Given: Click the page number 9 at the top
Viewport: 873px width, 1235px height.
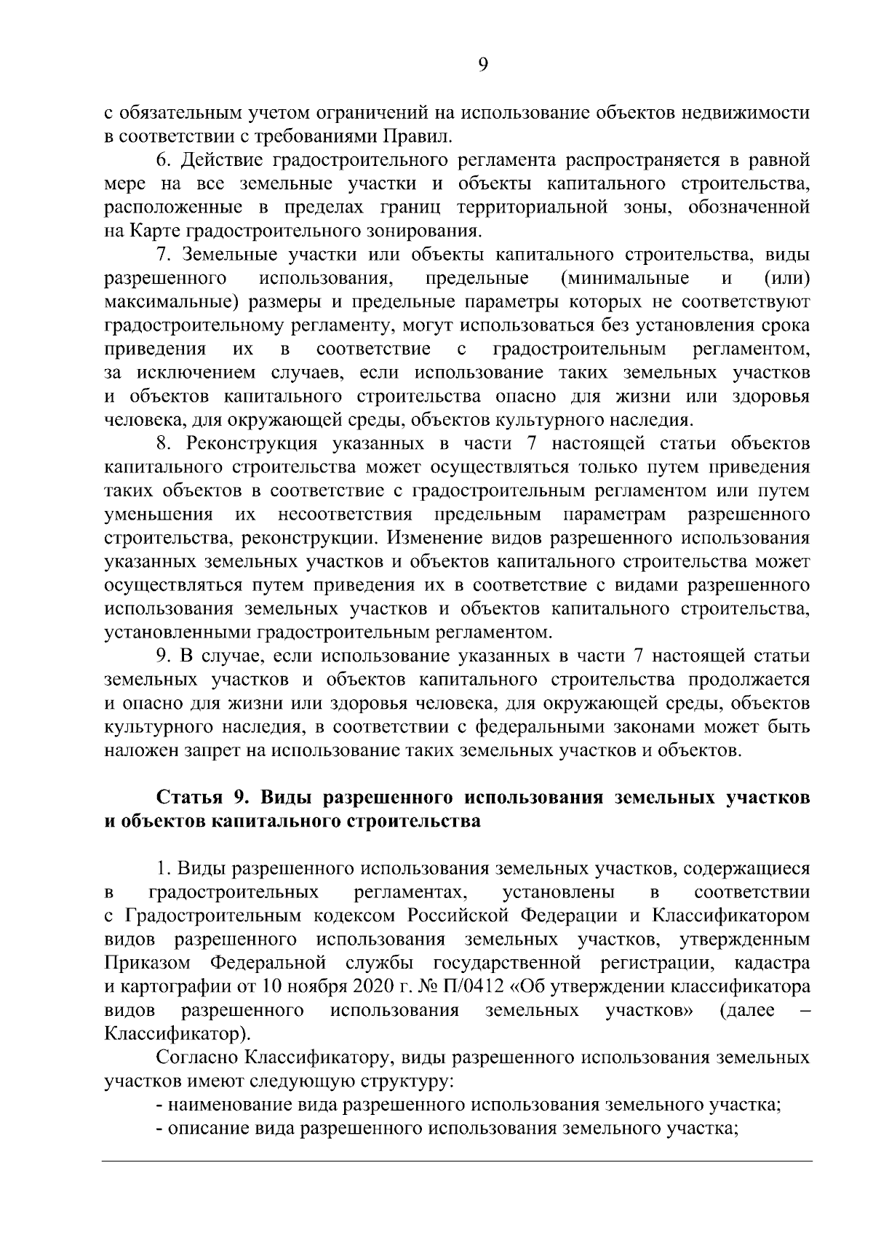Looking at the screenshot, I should (x=483, y=65).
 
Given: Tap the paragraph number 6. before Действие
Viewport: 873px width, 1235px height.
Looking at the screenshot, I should (x=164, y=160).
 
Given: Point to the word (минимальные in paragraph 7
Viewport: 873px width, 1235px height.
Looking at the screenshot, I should (x=626, y=279).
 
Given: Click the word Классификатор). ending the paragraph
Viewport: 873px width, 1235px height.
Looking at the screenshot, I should (x=176, y=1035).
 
